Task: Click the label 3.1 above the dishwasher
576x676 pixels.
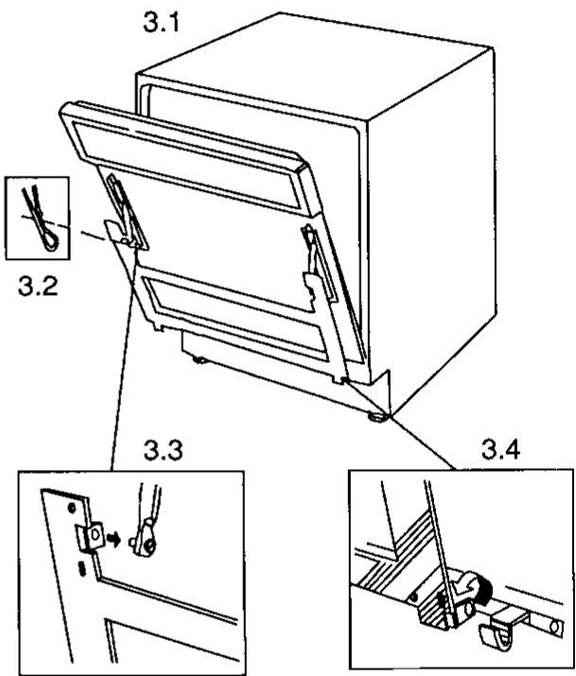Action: (161, 23)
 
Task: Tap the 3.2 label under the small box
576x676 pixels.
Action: (38, 285)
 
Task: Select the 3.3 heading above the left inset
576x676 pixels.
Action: (163, 450)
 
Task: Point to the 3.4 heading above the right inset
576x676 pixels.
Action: (500, 450)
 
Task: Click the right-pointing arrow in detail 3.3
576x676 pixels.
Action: (113, 539)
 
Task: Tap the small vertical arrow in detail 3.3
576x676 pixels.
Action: (83, 568)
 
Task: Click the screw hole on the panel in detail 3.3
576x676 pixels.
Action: (72, 508)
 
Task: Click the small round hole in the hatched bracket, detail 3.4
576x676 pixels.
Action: (415, 598)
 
